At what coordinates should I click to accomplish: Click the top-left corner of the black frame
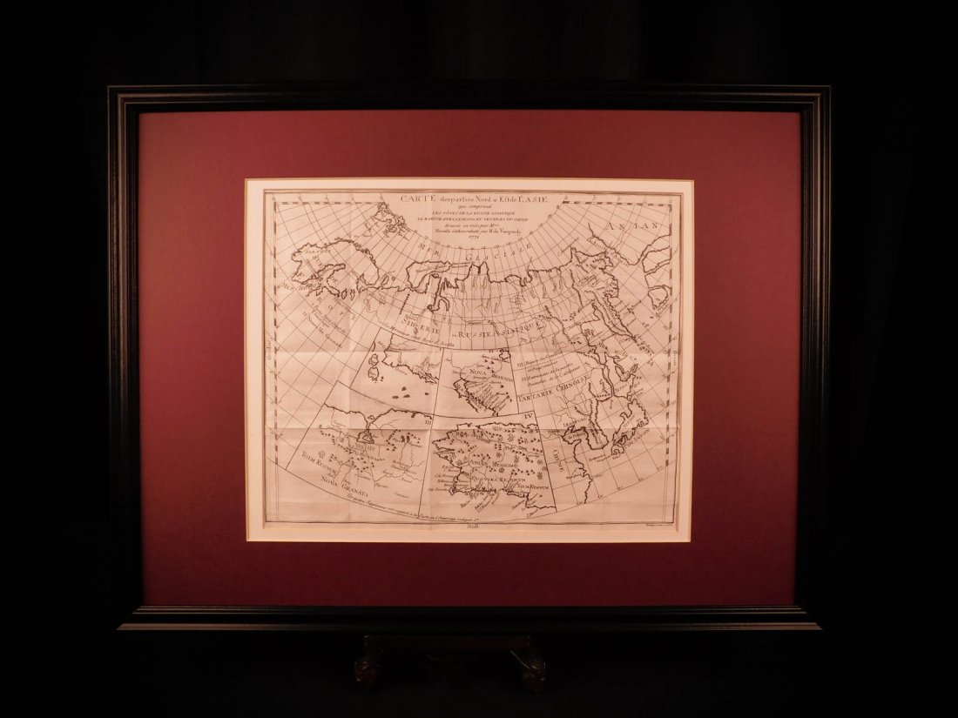(x=111, y=88)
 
